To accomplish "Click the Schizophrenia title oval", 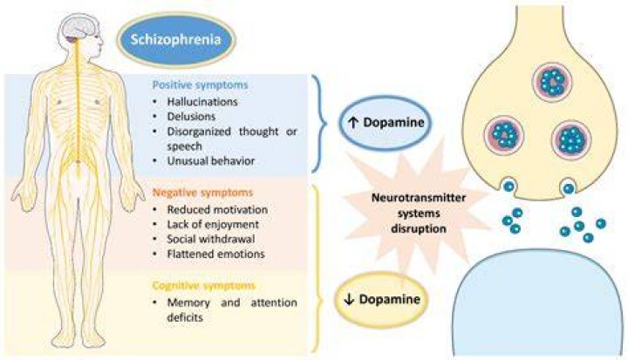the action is pos(176,39).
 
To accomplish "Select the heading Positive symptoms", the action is pos(201,85).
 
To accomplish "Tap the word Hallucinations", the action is pos(202,102).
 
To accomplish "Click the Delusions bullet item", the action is pos(191,117).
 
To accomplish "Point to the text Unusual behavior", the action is pos(211,161).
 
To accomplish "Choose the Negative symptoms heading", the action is pos(202,193).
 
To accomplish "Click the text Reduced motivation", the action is pos(217,209).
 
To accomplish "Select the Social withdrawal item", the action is pos(211,239).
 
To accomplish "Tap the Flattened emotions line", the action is pos(216,254).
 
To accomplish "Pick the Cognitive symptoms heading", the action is pos(204,286).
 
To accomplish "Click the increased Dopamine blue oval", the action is pos(385,122).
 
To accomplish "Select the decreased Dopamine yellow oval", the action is pos(381,299).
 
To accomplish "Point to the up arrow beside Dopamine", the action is pos(353,123).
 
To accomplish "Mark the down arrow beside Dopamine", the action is pos(349,300).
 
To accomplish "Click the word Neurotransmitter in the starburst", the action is pos(419,198).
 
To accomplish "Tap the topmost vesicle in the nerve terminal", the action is pos(552,82).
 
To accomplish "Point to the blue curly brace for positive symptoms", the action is pos(318,123).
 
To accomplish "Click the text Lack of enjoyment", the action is pos(213,224).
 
